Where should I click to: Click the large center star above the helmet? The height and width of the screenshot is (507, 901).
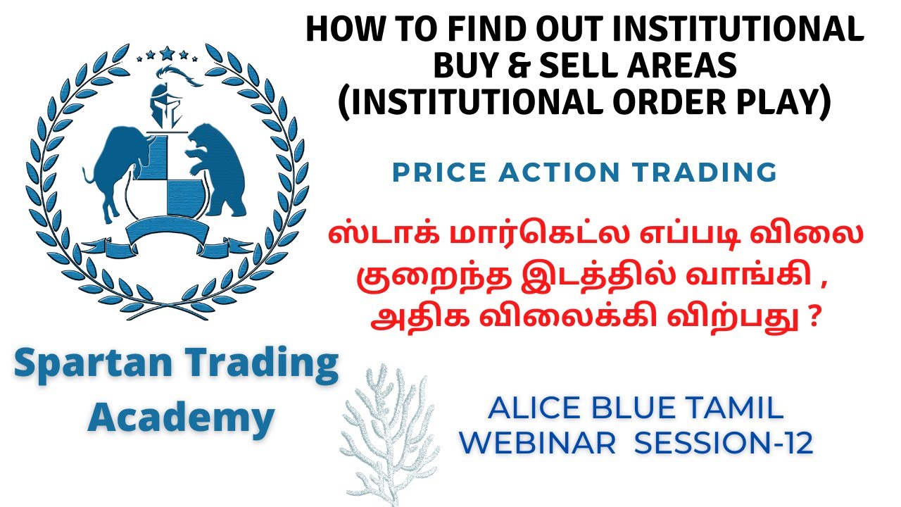click(167, 52)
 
